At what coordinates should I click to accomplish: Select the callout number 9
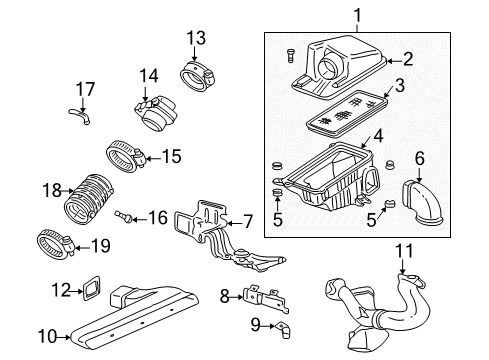(x=225, y=325)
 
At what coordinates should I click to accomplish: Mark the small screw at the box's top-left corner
(x=288, y=53)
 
